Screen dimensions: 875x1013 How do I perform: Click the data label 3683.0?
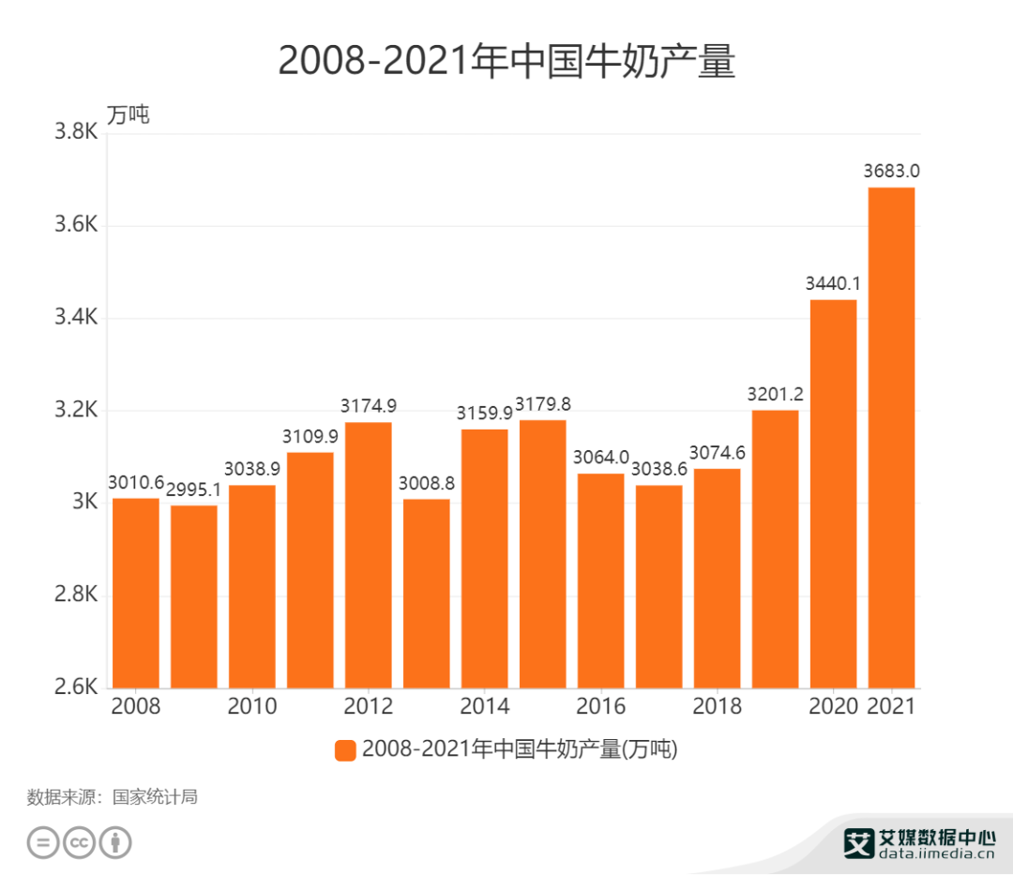click(x=891, y=171)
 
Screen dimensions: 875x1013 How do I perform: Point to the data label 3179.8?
click(x=543, y=404)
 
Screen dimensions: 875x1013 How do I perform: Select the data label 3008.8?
click(x=427, y=484)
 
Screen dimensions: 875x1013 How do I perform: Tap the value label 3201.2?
click(x=775, y=394)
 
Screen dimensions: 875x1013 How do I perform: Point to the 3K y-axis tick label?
click(x=83, y=503)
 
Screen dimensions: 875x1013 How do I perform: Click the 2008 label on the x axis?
click(x=136, y=706)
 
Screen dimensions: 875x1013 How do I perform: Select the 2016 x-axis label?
click(x=601, y=706)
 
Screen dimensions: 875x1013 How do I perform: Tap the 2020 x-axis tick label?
click(x=833, y=706)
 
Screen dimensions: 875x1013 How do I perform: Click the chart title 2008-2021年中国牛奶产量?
click(x=506, y=62)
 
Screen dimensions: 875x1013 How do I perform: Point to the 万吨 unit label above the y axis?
click(x=128, y=114)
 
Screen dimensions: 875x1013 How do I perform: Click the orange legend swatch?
click(x=345, y=750)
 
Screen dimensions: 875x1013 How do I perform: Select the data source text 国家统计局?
click(x=156, y=798)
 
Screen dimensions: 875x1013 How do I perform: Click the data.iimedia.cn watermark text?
click(x=936, y=853)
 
